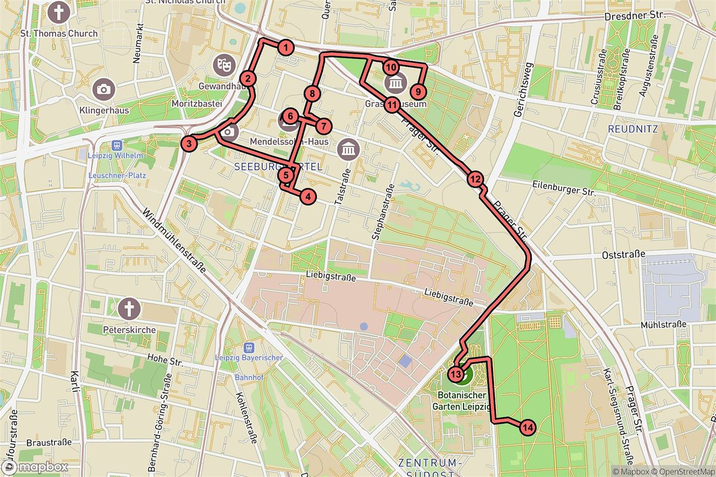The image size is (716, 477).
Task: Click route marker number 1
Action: click(286, 48)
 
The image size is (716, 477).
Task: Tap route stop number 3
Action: click(188, 143)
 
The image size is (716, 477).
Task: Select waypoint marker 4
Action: click(308, 196)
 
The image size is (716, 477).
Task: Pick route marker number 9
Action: click(418, 91)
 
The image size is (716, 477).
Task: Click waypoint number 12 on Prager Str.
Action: click(474, 178)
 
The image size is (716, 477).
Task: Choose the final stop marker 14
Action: click(527, 427)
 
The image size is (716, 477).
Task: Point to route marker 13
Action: click(455, 374)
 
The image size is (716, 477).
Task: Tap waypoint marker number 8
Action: click(312, 94)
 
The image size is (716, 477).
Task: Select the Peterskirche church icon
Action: click(128, 309)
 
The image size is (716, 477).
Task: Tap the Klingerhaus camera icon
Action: click(104, 89)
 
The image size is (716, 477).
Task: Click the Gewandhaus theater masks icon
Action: click(224, 62)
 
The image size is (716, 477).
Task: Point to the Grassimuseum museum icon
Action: click(396, 82)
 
